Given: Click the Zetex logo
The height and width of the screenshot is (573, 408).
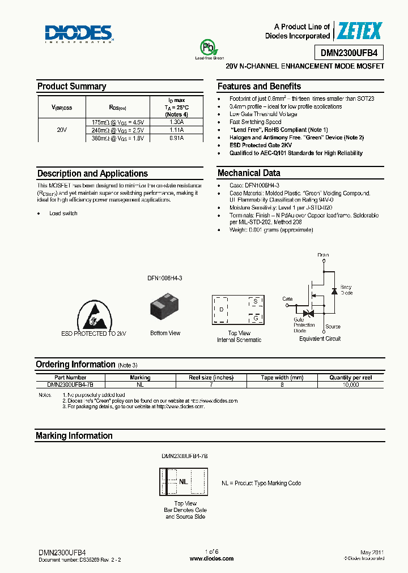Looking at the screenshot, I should click(x=359, y=31).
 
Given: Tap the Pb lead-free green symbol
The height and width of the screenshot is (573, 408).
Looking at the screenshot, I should click(x=205, y=48).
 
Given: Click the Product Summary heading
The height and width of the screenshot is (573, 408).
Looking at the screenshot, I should click(x=71, y=87).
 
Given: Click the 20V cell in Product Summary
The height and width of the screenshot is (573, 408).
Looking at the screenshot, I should click(x=62, y=130).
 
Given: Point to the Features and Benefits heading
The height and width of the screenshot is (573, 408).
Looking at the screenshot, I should click(x=259, y=87).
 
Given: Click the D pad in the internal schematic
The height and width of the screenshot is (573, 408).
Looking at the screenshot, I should click(x=221, y=309).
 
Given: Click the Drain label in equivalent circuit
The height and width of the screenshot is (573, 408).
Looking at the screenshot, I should click(x=323, y=255).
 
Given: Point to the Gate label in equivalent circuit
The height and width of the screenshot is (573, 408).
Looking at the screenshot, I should click(x=288, y=299).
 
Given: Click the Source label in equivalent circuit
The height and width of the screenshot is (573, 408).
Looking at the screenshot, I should click(x=333, y=327).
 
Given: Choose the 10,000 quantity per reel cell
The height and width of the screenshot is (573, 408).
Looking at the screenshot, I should click(x=351, y=384).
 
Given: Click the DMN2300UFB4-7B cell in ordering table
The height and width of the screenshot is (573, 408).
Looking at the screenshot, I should click(x=70, y=384).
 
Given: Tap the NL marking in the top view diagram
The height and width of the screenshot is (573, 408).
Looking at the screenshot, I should click(x=183, y=482).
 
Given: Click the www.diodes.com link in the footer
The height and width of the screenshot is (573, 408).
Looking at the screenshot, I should click(x=211, y=558).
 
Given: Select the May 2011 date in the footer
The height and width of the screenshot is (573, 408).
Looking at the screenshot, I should click(x=372, y=552).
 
